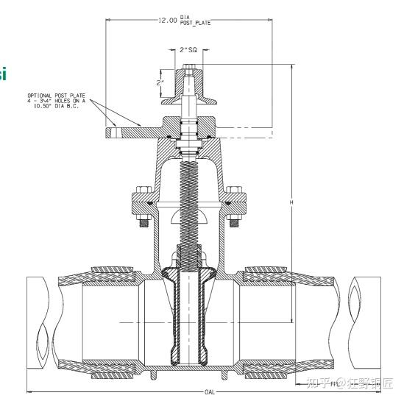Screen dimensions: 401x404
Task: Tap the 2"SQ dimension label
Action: coord(188,51)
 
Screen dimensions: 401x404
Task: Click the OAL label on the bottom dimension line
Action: coord(209,393)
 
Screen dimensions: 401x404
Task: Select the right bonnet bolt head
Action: coord(236,189)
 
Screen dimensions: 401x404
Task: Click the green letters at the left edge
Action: coord(3,74)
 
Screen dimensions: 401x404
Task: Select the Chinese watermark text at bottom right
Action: coord(350,383)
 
